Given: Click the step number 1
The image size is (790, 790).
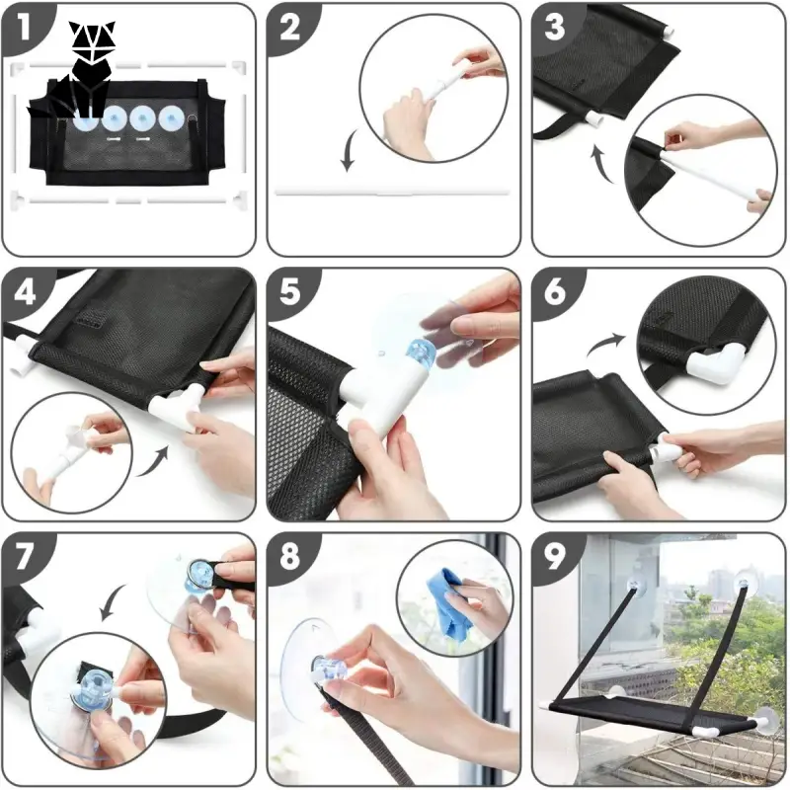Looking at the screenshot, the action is [x=23, y=27].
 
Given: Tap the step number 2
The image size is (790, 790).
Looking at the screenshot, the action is [x=289, y=28].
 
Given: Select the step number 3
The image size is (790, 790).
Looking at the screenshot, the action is [x=555, y=28].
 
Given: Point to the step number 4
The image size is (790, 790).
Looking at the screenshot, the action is [x=25, y=291].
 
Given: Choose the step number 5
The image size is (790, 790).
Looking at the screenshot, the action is [x=289, y=291].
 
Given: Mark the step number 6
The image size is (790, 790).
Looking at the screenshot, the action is [x=555, y=291].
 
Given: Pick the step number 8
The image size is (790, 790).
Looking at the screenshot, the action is [x=289, y=557].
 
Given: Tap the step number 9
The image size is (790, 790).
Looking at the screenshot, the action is [x=555, y=557].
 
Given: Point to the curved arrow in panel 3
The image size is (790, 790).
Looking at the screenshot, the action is [x=602, y=163].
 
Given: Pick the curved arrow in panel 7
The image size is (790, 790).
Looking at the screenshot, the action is [x=112, y=601].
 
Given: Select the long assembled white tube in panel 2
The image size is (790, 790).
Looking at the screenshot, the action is [x=393, y=193].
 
